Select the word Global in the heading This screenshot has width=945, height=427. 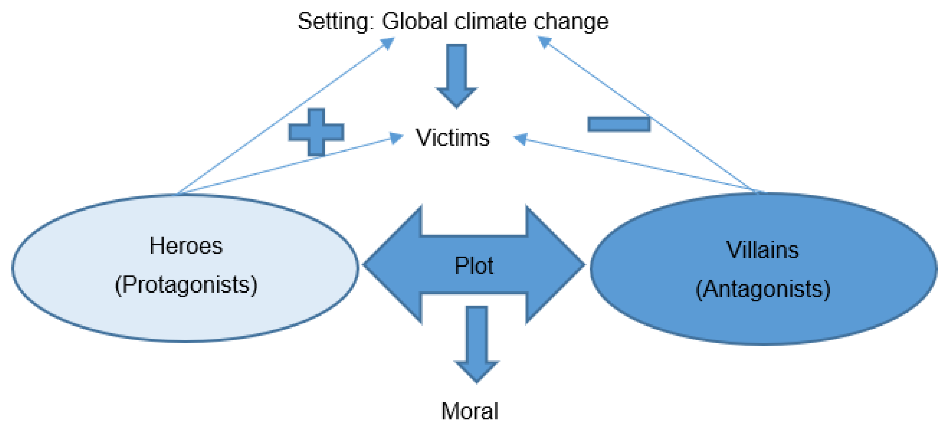[x=415, y=22]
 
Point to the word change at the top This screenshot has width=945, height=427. [x=571, y=22]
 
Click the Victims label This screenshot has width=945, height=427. [x=452, y=138]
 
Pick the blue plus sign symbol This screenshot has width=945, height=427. [x=316, y=132]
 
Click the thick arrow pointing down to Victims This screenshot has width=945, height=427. [x=456, y=75]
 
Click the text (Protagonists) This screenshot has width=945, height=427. [x=186, y=285]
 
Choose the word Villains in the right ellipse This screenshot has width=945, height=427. [x=762, y=250]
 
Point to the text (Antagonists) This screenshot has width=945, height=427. [x=763, y=289]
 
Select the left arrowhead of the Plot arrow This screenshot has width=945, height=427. [x=392, y=265]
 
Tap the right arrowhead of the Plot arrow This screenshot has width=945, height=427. [x=556, y=265]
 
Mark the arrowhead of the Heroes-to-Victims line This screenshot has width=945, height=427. [x=396, y=138]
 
